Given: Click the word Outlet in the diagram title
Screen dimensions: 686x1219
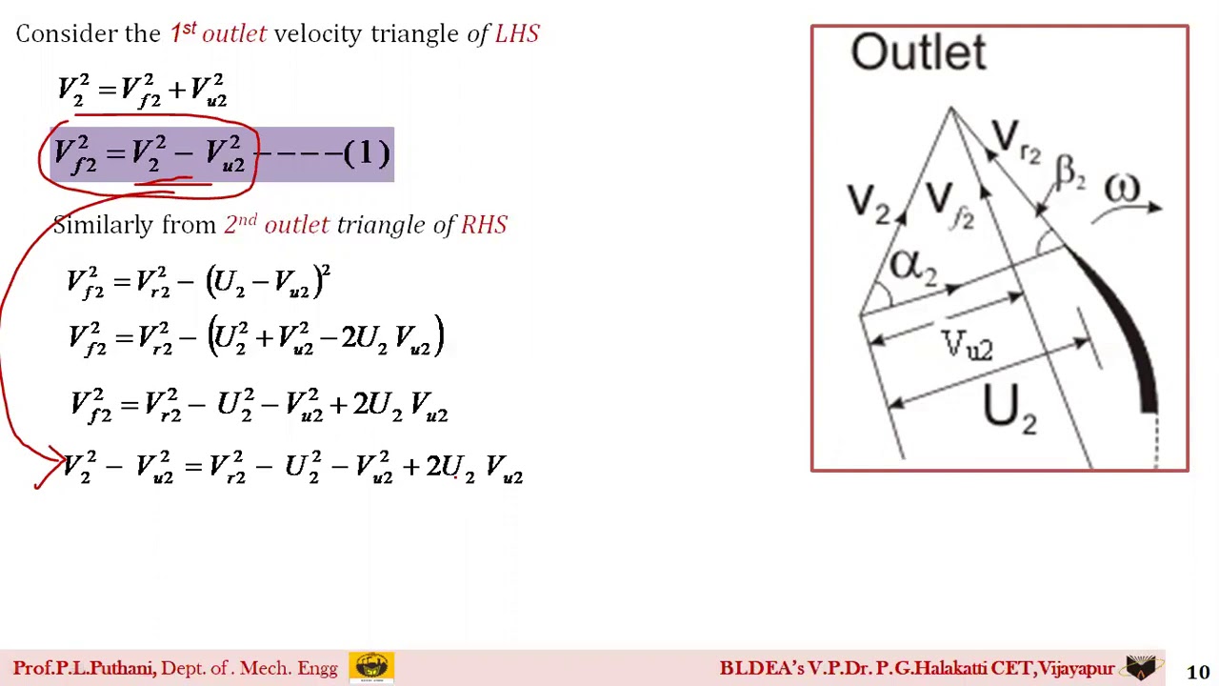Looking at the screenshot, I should click(917, 51).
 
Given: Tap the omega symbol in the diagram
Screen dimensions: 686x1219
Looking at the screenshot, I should click(1122, 189).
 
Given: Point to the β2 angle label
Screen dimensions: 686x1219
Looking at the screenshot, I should click(1069, 173).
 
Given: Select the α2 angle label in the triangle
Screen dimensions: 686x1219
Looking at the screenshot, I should click(912, 266).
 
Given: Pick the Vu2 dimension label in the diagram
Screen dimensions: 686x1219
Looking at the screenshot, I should click(967, 345).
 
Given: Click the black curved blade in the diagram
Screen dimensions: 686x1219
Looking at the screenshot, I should click(1124, 324).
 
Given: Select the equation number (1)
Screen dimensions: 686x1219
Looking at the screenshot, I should click(367, 153).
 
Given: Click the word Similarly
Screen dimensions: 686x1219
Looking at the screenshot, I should click(102, 225).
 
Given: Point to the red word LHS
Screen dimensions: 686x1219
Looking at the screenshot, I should click(517, 34).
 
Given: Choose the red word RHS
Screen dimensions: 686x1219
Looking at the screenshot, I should click(484, 225).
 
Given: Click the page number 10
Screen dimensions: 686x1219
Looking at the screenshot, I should click(1197, 673).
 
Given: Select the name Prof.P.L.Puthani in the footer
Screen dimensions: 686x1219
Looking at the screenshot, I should click(84, 669).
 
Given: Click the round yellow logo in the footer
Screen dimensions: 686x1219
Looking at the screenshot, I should click(371, 667).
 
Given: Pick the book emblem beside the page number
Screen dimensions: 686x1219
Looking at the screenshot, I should click(1143, 667).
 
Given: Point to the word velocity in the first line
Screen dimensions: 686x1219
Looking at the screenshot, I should click(318, 34).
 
